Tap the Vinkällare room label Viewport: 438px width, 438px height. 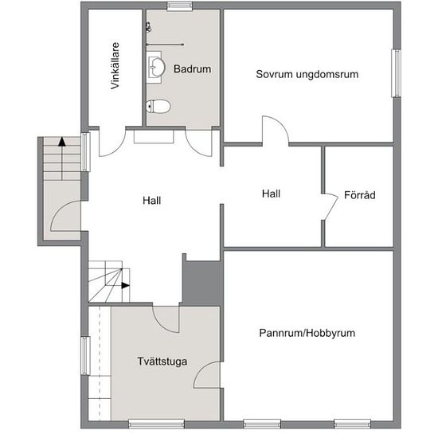click(115, 67)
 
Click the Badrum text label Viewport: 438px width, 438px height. click(192, 69)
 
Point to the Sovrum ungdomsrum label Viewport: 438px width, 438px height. click(307, 74)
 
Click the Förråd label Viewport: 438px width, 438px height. click(359, 194)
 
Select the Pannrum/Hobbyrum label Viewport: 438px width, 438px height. click(307, 333)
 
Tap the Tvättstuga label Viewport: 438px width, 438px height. click(162, 362)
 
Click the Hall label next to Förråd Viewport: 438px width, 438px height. click(272, 193)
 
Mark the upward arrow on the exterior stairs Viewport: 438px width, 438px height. click(61, 144)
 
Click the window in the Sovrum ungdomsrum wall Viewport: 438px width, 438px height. click(394, 73)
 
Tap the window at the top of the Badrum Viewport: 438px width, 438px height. click(179, 6)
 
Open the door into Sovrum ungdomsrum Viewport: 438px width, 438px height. click(276, 131)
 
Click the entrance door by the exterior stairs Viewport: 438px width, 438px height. click(65, 216)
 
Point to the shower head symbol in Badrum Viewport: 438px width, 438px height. click(149, 26)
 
